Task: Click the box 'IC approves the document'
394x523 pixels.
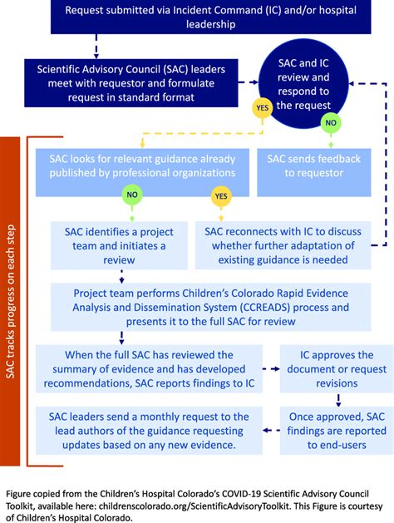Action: [331, 369]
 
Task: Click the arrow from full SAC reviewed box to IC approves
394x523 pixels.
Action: [272, 369]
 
